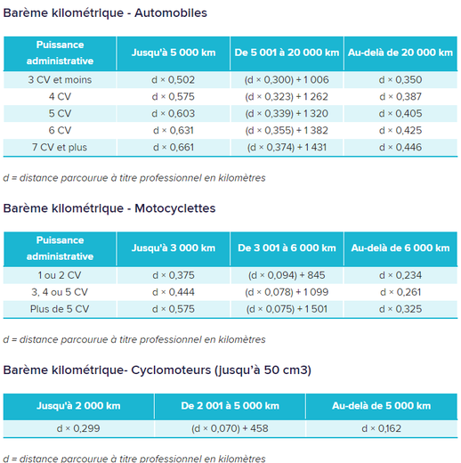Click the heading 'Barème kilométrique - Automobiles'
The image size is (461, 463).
point(105,13)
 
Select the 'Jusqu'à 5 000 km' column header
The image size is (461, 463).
point(174,53)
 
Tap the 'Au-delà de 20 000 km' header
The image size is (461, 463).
point(400,53)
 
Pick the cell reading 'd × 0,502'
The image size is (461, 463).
point(174,80)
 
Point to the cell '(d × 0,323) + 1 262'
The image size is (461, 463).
point(286,96)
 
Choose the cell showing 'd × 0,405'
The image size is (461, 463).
point(400,113)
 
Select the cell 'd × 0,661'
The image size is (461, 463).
point(174,147)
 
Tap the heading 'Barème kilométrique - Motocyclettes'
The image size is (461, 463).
point(109,208)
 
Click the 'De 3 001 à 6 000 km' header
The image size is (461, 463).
point(286,248)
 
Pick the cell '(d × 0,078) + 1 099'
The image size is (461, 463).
point(286,292)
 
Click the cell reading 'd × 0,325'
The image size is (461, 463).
point(400,309)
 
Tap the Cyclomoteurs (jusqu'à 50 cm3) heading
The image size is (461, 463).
point(157,370)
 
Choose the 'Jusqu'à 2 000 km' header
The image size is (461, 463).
point(78,405)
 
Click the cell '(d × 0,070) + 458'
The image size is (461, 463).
point(230,428)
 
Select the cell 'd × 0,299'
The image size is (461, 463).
point(78,428)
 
